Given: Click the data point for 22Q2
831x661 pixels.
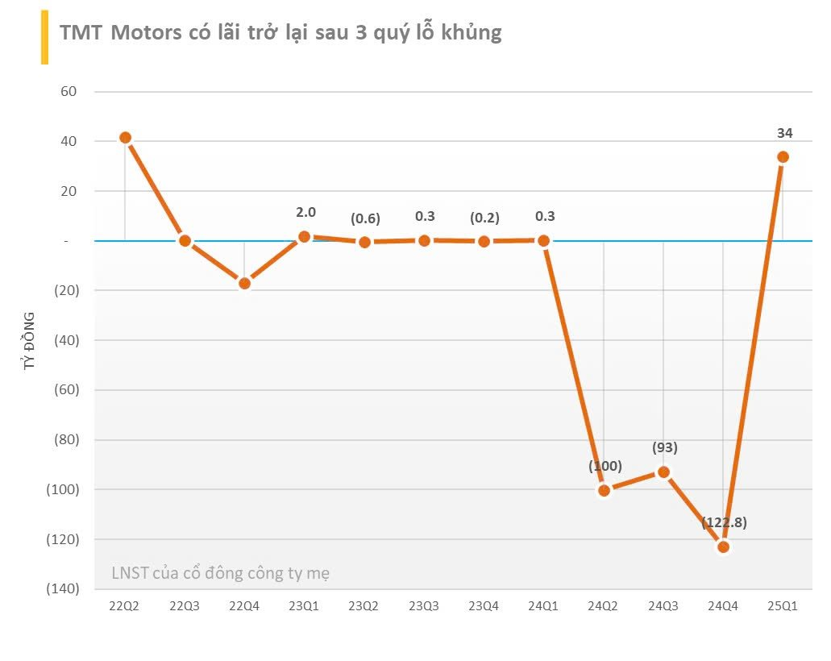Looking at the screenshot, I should pyautogui.click(x=125, y=138).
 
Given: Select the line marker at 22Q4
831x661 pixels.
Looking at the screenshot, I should pyautogui.click(x=244, y=283).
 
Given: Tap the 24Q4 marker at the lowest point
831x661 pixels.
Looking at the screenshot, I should pyautogui.click(x=723, y=547).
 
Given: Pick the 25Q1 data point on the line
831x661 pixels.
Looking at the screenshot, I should pyautogui.click(x=783, y=156).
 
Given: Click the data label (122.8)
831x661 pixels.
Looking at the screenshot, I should pyautogui.click(x=724, y=522).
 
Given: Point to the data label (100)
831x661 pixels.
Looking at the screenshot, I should pyautogui.click(x=605, y=466).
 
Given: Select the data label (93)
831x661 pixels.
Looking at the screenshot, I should pyautogui.click(x=664, y=447).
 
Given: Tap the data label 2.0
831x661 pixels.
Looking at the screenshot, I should pyautogui.click(x=306, y=212).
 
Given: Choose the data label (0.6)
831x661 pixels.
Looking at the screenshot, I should pyautogui.click(x=365, y=218).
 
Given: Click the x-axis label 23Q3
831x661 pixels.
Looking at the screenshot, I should pyautogui.click(x=424, y=606).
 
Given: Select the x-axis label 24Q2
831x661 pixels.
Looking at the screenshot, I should pyautogui.click(x=604, y=606).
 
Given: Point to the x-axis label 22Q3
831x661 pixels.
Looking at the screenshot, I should pyautogui.click(x=184, y=606).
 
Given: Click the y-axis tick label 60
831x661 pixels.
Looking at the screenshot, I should pyautogui.click(x=68, y=92).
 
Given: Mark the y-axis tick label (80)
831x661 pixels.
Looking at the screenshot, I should pyautogui.click(x=64, y=440).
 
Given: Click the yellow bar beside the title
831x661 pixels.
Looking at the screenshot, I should pyautogui.click(x=44, y=38).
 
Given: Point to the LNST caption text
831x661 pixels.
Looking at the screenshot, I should pyautogui.click(x=219, y=573).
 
